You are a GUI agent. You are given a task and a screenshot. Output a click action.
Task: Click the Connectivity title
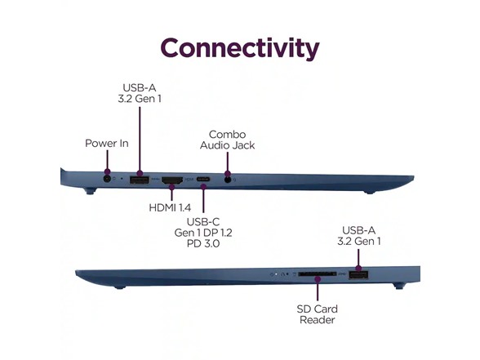coord(240,48)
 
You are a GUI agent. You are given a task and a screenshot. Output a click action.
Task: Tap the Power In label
coord(106,144)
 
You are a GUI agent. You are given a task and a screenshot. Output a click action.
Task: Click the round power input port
coord(107,179)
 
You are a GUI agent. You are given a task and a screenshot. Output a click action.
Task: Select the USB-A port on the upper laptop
coord(140,180)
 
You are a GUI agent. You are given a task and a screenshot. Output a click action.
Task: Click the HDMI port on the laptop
coord(172,180)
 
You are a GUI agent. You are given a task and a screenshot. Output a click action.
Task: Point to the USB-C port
coord(203,179)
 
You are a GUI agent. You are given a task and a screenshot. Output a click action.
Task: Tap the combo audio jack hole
coord(228,180)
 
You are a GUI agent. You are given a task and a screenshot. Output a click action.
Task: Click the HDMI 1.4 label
coord(170,208)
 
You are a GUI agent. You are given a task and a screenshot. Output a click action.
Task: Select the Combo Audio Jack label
coord(227,140)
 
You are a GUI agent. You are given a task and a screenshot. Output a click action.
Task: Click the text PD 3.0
coord(203,243)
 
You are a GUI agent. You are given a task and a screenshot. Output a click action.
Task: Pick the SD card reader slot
coord(317,274)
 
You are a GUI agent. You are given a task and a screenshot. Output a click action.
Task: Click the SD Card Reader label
coord(317,314)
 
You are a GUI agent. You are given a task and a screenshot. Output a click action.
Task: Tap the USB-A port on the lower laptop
coord(358,275)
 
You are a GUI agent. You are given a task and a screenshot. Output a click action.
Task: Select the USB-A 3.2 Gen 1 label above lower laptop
coord(359,236)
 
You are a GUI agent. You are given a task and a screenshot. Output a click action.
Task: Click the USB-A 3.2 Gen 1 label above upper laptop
coord(140,93)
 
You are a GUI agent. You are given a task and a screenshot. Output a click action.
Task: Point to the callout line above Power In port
coord(107,161)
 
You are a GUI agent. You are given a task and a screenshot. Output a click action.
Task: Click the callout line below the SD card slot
coord(318,290)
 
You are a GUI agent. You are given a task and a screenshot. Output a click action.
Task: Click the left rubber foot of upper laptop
coord(90,191)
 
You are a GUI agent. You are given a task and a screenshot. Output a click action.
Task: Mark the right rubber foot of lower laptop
coord(400,287)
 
